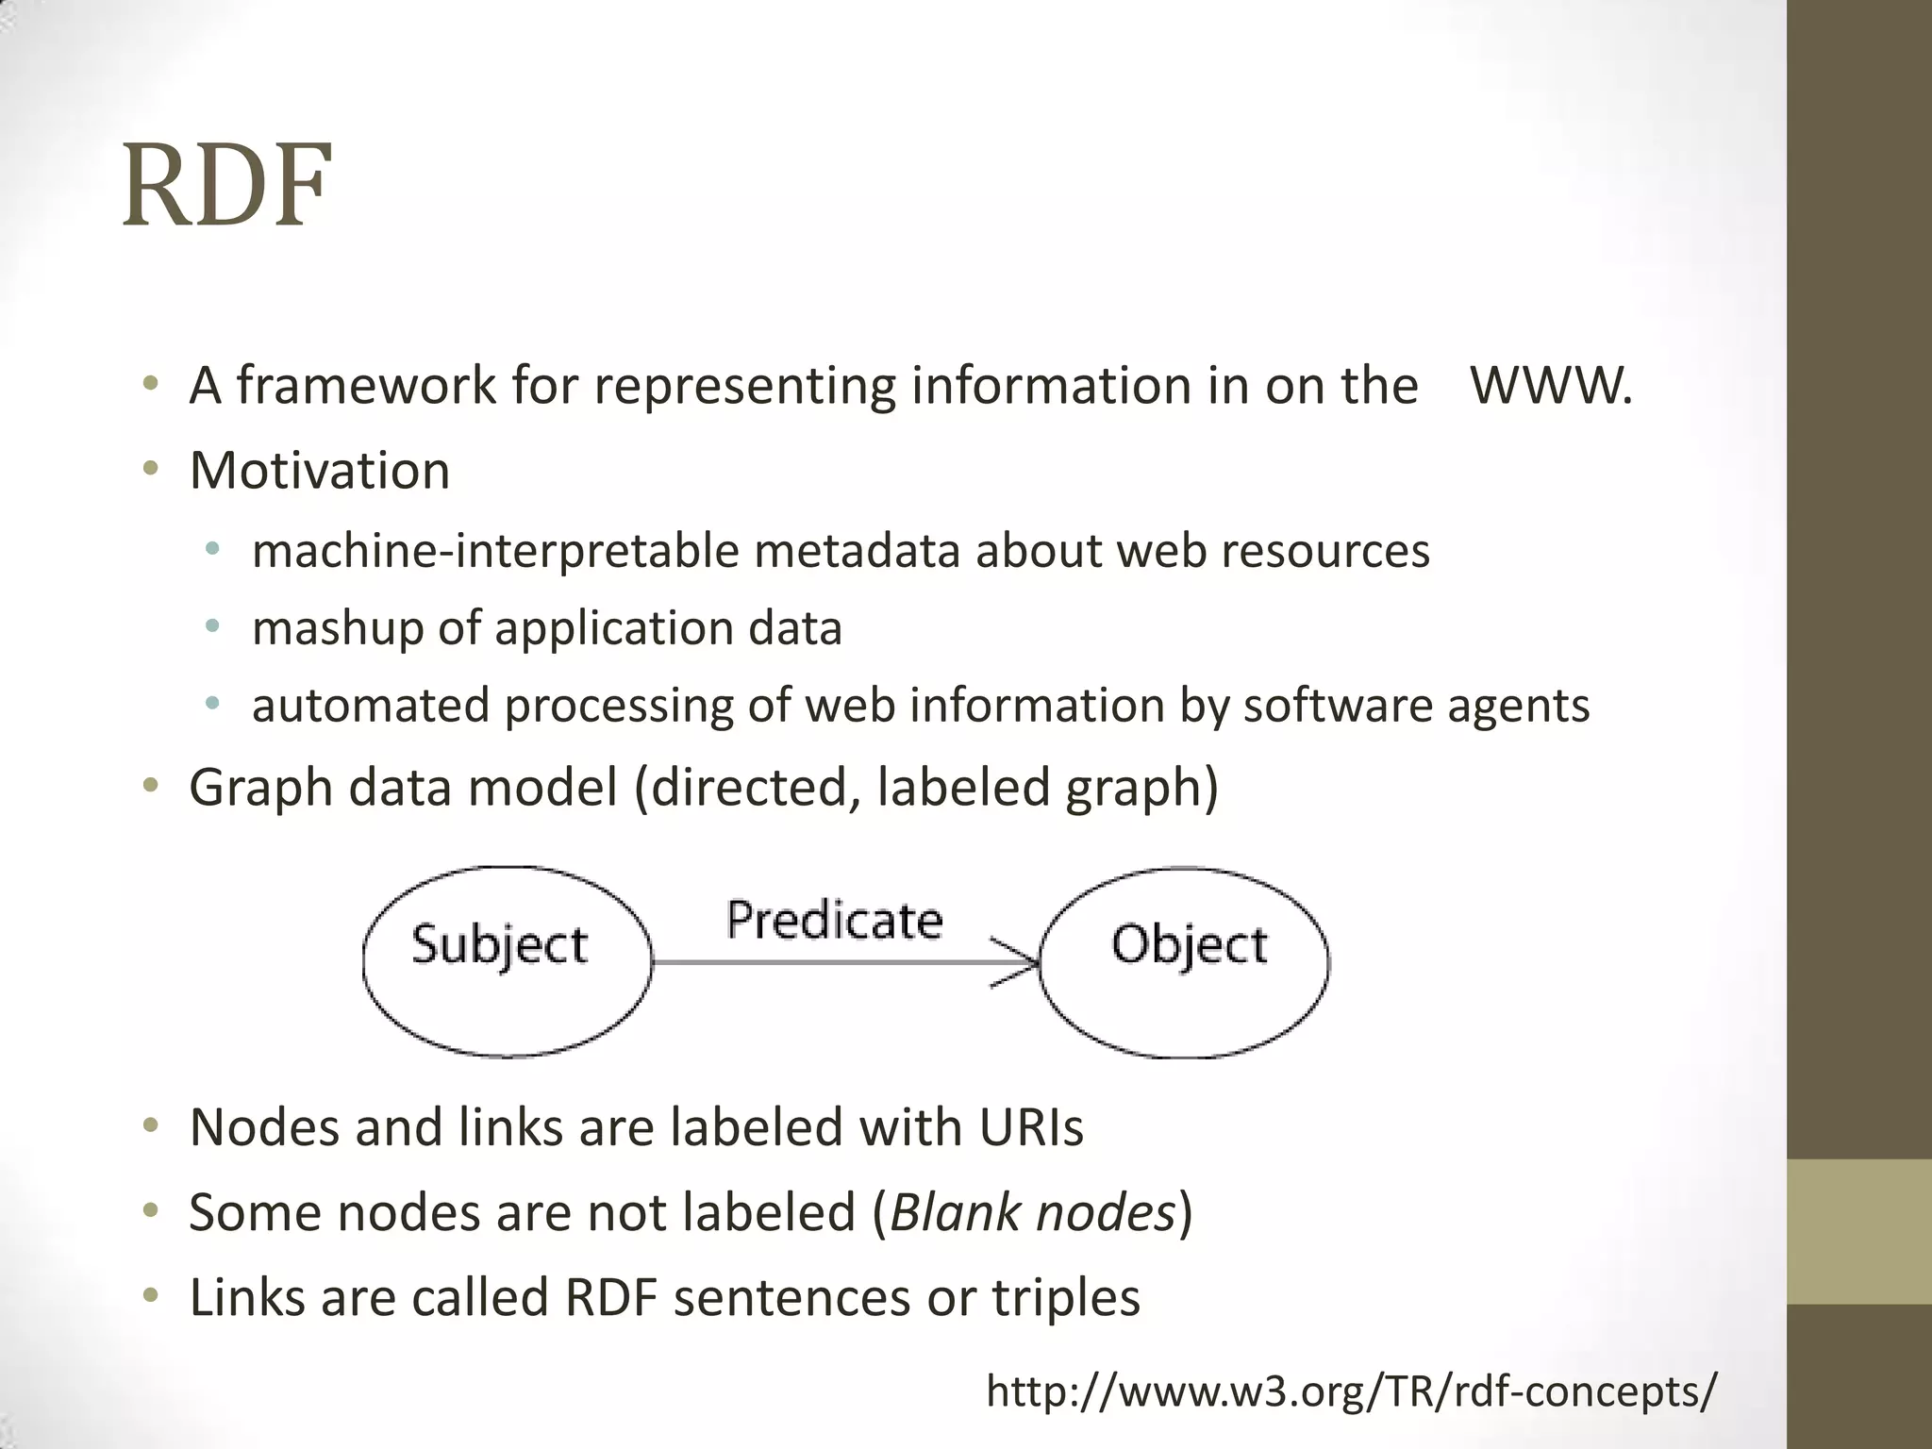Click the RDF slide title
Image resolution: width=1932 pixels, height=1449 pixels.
(226, 185)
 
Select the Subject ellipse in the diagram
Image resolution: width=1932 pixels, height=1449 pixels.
(507, 961)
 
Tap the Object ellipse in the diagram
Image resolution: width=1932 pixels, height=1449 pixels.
(1185, 961)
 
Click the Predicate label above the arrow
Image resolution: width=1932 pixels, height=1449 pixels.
(834, 920)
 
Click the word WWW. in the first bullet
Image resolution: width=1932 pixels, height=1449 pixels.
(1551, 386)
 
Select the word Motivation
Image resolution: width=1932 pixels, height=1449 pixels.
(320, 470)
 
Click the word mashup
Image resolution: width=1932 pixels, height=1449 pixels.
(337, 629)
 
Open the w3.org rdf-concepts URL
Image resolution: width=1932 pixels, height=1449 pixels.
(1351, 1391)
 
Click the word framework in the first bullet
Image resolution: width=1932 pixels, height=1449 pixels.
(365, 386)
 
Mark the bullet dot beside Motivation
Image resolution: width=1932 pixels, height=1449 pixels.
(150, 468)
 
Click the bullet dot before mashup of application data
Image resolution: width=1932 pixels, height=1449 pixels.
(212, 625)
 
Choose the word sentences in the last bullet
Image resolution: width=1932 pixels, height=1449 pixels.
(792, 1298)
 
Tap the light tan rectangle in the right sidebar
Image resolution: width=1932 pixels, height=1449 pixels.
(1858, 1231)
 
